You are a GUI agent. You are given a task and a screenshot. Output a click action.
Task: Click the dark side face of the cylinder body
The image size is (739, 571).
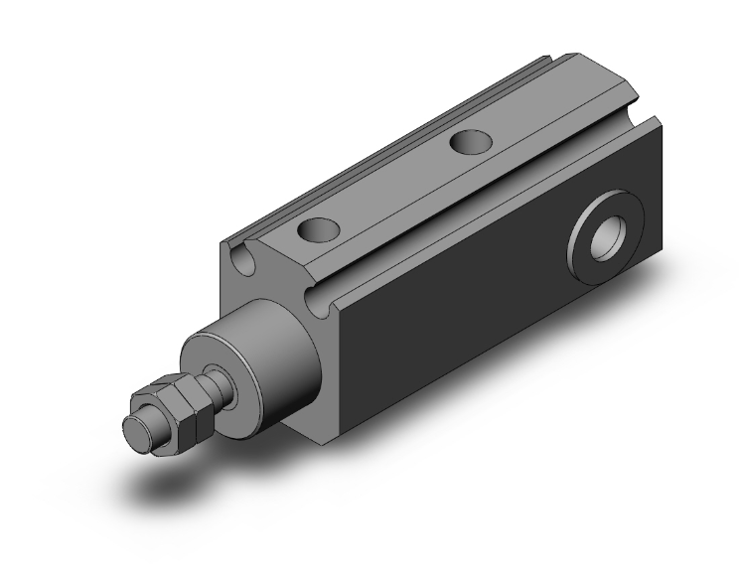click(x=477, y=318)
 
